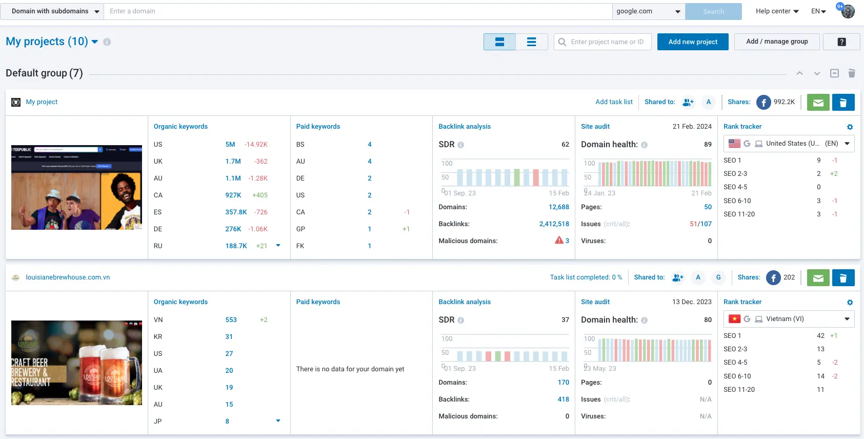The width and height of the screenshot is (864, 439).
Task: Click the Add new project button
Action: pyautogui.click(x=692, y=42)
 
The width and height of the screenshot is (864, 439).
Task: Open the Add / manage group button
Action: pyautogui.click(x=776, y=42)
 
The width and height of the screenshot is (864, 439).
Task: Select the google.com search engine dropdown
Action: pyautogui.click(x=648, y=11)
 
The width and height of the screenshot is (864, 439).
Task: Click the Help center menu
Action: pyautogui.click(x=777, y=11)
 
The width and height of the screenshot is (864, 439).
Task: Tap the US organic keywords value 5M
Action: pyautogui.click(x=230, y=145)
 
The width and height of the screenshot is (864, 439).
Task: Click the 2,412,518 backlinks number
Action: pyautogui.click(x=554, y=224)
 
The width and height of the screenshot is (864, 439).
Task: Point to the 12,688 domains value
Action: pyautogui.click(x=558, y=207)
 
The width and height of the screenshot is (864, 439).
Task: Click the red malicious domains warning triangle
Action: pyautogui.click(x=559, y=240)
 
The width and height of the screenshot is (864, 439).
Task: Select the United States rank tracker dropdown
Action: pyautogui.click(x=789, y=144)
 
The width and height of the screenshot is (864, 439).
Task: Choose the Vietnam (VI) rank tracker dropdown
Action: pyautogui.click(x=789, y=319)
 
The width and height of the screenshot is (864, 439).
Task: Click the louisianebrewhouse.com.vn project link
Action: pyautogui.click(x=68, y=277)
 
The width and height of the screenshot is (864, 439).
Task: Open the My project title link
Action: pyautogui.click(x=42, y=102)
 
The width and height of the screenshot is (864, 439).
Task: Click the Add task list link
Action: pyautogui.click(x=614, y=102)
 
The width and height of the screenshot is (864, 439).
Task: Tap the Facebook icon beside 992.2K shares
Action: pyautogui.click(x=763, y=103)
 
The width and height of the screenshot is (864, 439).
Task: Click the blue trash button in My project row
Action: pyautogui.click(x=843, y=103)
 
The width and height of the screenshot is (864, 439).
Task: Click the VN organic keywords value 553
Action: pyautogui.click(x=231, y=320)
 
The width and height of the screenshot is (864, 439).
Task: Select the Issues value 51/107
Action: pyautogui.click(x=700, y=224)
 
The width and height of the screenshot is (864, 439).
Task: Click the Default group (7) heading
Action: pyautogui.click(x=44, y=73)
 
